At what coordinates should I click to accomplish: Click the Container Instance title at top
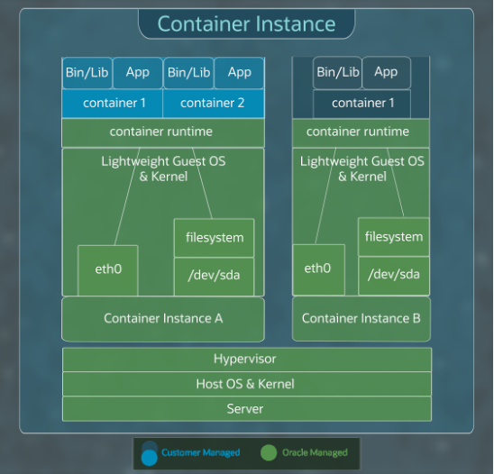tap(246, 24)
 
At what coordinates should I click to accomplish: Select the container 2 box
tap(213, 104)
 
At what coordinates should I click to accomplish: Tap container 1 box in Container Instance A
tap(113, 104)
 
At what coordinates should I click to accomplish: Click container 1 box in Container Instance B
tap(361, 104)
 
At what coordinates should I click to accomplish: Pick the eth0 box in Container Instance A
tap(107, 269)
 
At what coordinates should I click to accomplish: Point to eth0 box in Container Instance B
tap(317, 269)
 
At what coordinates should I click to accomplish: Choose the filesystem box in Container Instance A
tap(214, 238)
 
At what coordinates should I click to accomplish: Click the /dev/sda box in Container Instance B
tap(393, 274)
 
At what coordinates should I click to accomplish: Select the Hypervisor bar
tap(245, 360)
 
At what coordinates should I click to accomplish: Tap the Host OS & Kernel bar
tap(245, 384)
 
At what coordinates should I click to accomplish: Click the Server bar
tap(245, 409)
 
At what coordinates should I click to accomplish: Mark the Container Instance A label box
tap(163, 319)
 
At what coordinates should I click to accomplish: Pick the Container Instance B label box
tap(361, 319)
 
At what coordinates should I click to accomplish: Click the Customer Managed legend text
tap(200, 452)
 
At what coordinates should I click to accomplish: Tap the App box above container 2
tap(239, 72)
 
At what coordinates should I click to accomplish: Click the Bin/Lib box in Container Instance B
tap(338, 72)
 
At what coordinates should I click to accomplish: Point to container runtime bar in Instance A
tap(162, 132)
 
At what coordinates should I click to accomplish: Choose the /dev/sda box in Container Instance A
tap(214, 274)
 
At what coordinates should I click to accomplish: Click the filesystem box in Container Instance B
tap(393, 237)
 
